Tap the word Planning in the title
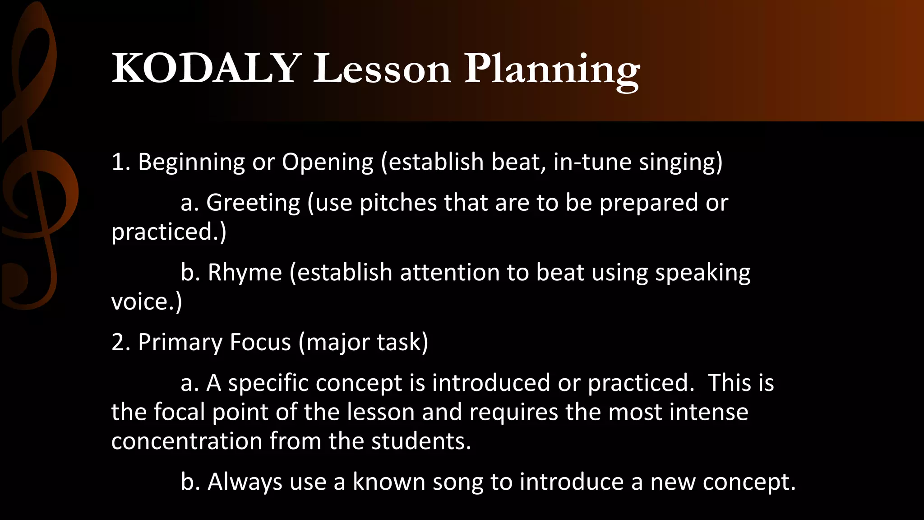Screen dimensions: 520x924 pos(552,70)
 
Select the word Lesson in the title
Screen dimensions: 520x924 pos(382,69)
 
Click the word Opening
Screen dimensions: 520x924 pos(328,162)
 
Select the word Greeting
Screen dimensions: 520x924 pos(253,203)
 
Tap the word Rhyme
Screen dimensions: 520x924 pos(245,273)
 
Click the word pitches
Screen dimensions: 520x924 pos(398,203)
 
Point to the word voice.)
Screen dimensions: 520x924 pos(147,302)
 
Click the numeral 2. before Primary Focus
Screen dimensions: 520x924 pos(120,342)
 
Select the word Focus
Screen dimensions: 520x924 pos(260,342)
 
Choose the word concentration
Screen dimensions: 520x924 pos(187,441)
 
